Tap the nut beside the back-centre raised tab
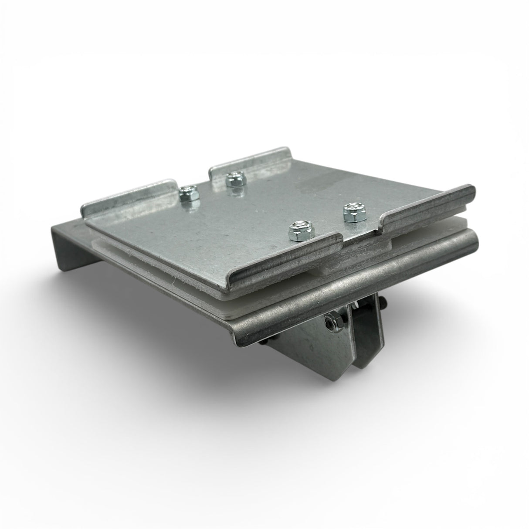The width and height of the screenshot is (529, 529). [235, 178]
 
